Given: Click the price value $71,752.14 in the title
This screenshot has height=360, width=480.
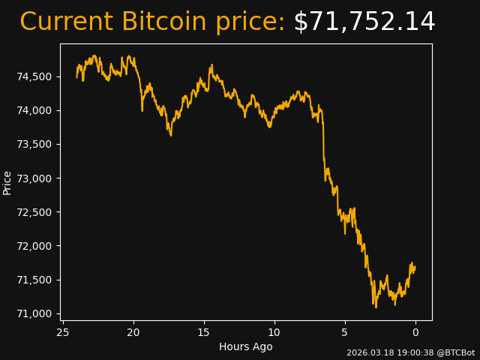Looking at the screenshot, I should coord(364,22).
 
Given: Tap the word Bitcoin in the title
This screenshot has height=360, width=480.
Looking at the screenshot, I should coord(165,22).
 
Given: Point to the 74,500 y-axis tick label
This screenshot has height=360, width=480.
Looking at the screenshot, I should coord(34,76).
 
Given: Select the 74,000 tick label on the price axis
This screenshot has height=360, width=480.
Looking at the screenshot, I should coord(34,110).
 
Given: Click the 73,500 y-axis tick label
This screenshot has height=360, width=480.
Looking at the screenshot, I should coord(34,144).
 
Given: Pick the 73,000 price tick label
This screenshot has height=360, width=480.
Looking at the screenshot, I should coord(34,178).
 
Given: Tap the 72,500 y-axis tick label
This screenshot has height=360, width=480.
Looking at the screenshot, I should coord(34,212).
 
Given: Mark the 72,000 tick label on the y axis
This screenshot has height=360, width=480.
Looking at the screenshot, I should coord(34,246).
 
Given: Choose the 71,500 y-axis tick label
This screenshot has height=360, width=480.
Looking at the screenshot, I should coord(34,280).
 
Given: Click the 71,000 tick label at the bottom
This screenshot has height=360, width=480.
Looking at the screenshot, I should coord(34,313).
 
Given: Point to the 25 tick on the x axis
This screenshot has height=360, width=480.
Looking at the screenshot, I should coord(63,331).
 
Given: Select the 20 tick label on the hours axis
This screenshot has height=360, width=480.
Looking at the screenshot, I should coord(133,331).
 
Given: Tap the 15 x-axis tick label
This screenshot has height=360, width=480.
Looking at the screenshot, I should coord(204,331).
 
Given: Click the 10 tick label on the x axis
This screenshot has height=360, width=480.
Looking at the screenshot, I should coord(274,331).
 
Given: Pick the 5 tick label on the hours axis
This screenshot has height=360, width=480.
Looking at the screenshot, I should coord(345,331).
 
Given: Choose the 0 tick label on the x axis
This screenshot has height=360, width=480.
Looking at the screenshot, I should coord(415,331).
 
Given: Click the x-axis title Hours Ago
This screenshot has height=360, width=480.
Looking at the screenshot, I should coord(246,346).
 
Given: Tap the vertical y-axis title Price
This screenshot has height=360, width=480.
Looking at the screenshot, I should coord(7,182).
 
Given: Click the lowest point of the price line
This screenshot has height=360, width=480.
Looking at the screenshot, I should coord(375,307).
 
